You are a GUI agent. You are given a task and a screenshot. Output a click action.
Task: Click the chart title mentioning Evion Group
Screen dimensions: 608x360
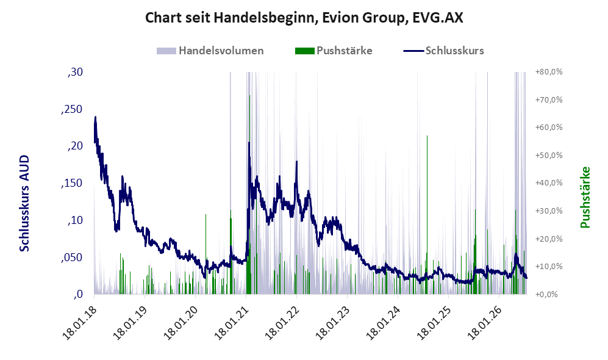click(x=304, y=18)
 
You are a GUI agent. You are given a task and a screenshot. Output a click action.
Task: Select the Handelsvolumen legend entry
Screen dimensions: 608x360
click(x=210, y=51)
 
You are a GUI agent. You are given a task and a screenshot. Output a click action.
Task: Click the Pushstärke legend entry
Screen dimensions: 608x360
click(x=334, y=51)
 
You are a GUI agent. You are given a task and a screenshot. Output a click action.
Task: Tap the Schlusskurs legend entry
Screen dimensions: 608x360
click(x=443, y=51)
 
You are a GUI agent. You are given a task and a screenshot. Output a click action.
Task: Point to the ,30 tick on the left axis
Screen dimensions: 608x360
click(x=75, y=72)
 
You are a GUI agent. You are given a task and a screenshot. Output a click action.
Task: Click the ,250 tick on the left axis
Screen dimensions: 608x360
click(x=72, y=109)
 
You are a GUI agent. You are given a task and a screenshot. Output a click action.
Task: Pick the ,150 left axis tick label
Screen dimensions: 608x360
click(x=72, y=183)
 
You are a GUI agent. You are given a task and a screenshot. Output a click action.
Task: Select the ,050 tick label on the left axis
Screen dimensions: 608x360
click(x=72, y=257)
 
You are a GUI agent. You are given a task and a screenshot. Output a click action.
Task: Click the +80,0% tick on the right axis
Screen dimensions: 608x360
click(x=549, y=72)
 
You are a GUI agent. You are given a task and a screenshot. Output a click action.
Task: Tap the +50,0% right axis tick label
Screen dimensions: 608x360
click(x=549, y=156)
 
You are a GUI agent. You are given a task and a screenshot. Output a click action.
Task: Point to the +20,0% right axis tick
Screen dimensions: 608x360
click(x=549, y=239)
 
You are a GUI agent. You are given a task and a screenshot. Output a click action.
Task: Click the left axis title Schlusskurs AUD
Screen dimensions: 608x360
click(x=24, y=203)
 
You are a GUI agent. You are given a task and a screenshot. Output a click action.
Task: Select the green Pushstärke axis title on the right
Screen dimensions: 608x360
click(x=585, y=197)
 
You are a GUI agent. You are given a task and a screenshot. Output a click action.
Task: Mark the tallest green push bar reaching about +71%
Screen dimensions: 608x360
click(x=249, y=195)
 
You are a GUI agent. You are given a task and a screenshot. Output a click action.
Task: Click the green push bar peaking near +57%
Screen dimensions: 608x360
click(x=427, y=215)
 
